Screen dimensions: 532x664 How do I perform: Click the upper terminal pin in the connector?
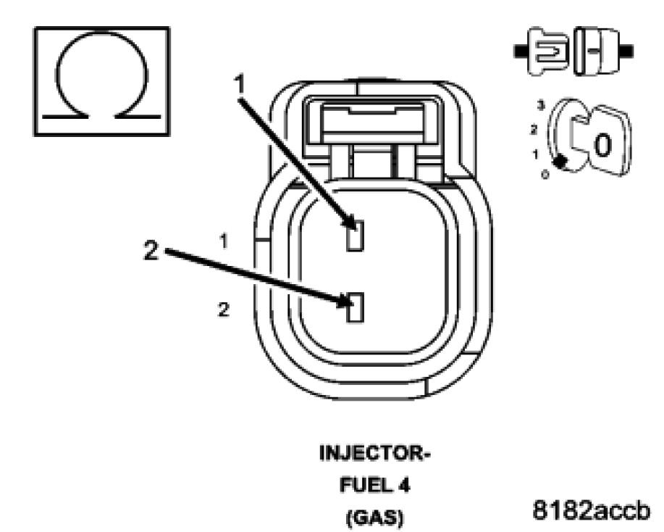(x=354, y=236)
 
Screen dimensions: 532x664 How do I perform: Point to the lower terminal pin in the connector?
(x=354, y=308)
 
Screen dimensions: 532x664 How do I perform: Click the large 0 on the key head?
(x=602, y=146)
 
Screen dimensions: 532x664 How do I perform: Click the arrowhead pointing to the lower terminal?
(x=346, y=299)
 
